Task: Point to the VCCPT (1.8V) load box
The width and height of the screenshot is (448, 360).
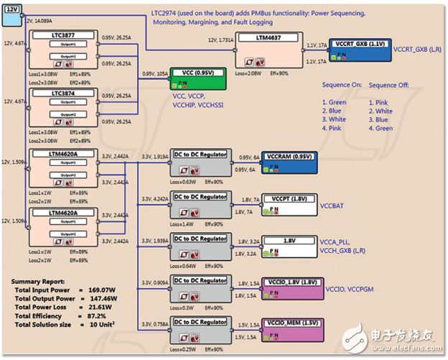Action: pyautogui.click(x=290, y=200)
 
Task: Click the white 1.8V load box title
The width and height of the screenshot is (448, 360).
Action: pyautogui.click(x=290, y=241)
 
